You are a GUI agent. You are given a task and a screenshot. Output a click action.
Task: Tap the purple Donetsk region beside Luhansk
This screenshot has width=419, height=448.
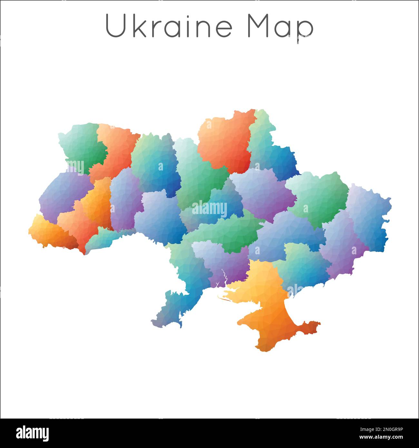(342, 245)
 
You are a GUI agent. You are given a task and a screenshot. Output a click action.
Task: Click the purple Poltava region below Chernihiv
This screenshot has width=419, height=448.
(263, 193)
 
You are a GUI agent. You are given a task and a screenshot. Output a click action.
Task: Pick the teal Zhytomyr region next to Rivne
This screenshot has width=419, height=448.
(155, 161)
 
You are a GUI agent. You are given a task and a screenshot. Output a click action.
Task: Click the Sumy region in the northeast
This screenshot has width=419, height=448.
(271, 151)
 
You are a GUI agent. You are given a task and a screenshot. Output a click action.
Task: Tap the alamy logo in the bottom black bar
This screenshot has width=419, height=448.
(32, 433)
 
